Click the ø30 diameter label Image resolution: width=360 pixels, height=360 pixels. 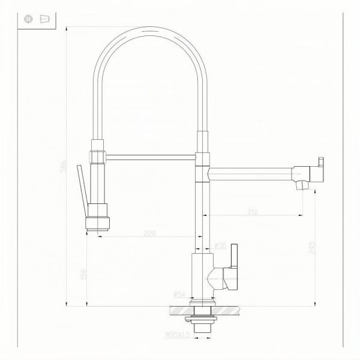tap(220, 246)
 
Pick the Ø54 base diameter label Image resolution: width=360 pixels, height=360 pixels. tap(178, 294)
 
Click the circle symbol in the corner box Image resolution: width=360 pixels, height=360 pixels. tap(28, 19)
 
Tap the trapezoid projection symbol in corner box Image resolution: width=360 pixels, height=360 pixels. tap(44, 19)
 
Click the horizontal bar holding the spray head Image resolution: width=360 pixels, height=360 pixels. tap(150, 157)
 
